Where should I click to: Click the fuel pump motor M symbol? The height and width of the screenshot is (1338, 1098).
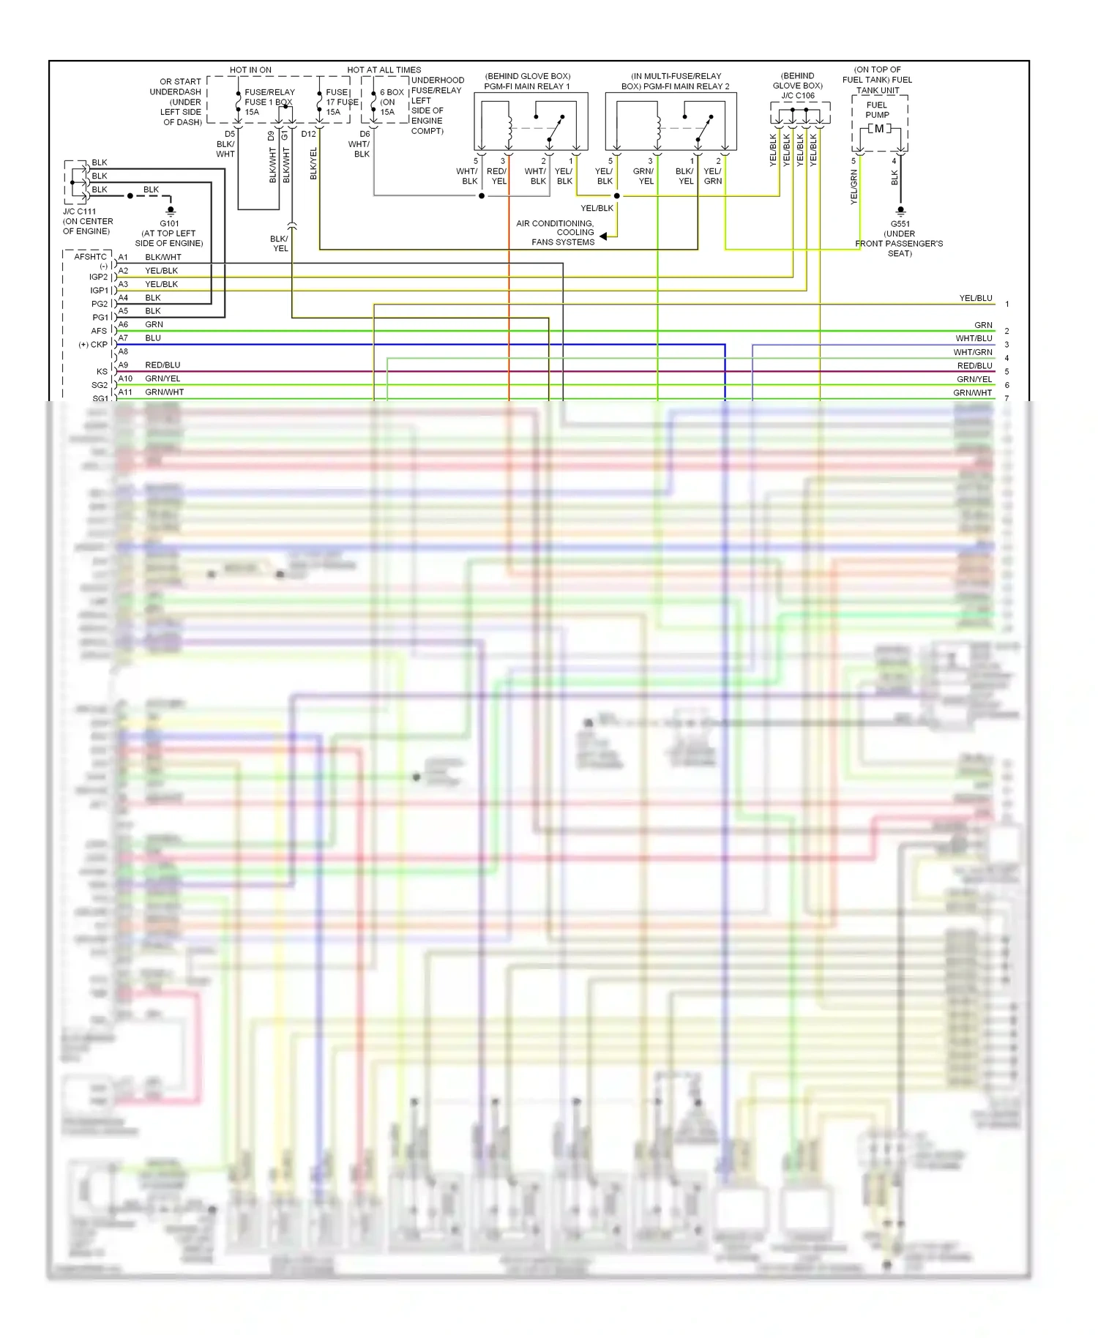point(879,129)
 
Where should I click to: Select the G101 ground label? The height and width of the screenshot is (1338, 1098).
point(169,223)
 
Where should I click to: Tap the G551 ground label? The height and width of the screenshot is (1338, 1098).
point(900,224)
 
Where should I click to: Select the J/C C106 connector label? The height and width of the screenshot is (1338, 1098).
point(797,96)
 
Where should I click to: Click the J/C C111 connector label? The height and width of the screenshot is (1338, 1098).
point(79,212)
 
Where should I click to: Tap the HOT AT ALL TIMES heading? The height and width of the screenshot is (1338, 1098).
point(384,70)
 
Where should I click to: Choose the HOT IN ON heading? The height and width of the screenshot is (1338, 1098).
point(250,70)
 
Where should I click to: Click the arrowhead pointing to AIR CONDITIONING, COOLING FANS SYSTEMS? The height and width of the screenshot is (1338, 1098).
point(603,236)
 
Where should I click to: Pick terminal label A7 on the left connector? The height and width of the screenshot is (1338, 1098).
point(123,338)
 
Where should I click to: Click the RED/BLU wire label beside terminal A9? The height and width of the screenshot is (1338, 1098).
point(163,365)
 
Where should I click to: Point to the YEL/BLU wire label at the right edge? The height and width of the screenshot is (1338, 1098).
point(976,298)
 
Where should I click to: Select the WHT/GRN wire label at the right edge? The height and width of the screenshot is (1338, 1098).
point(973,352)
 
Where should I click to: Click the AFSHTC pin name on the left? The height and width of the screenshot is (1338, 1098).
point(90,257)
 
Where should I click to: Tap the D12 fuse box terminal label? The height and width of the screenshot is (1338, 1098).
point(308,134)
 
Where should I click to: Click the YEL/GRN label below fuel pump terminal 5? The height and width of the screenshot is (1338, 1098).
point(854,187)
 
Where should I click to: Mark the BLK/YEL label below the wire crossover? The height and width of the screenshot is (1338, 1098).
point(280,244)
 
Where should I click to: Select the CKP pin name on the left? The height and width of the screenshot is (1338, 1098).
point(99,344)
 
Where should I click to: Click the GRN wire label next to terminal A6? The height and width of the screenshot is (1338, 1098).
point(154,324)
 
